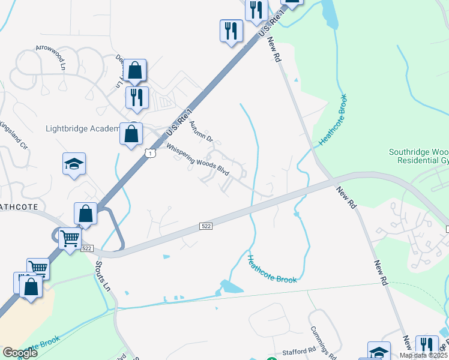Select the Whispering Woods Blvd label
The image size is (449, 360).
pyautogui.click(x=198, y=160)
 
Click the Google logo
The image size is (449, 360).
pyautogui.click(x=20, y=352)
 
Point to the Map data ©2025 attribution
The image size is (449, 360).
pyautogui.click(x=423, y=355)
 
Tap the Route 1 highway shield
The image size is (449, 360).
pyautogui.click(x=151, y=154)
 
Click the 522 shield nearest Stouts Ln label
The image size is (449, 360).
pyautogui.click(x=87, y=248)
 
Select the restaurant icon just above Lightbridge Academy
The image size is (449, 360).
pyautogui.click(x=137, y=97)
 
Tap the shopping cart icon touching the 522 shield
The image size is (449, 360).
pyautogui.click(x=70, y=239)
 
